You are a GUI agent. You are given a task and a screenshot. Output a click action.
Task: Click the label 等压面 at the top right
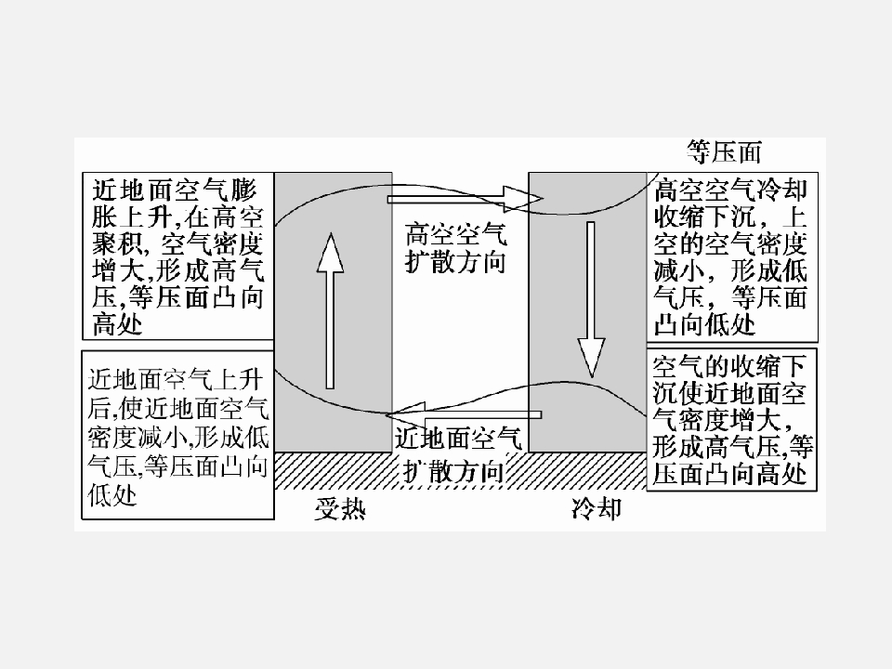(724, 151)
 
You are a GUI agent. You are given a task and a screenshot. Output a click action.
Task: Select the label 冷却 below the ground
(597, 508)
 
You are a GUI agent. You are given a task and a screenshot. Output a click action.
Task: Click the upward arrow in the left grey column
(330, 310)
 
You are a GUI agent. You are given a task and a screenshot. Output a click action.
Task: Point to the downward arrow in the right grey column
(591, 299)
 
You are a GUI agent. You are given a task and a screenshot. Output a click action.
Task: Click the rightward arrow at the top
(466, 199)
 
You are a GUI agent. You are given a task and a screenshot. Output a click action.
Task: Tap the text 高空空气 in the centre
(455, 234)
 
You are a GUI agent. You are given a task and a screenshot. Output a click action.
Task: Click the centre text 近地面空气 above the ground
(458, 439)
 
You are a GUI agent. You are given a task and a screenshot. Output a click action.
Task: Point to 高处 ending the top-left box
(117, 325)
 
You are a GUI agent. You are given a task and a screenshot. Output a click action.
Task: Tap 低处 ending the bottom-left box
(112, 495)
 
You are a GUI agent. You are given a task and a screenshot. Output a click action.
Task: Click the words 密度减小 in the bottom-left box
(138, 438)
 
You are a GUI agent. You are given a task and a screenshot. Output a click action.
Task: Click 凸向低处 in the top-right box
(704, 325)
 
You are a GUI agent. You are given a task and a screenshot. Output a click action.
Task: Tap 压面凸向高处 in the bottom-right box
(729, 475)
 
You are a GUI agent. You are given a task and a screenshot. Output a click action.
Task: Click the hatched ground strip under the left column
(334, 470)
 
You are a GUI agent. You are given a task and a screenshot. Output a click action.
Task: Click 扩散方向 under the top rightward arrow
(455, 262)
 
